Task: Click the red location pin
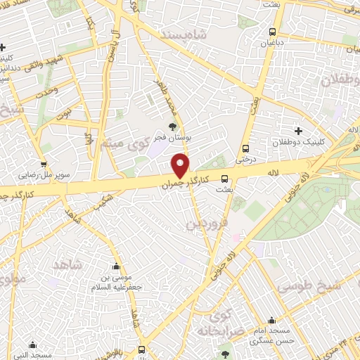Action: [181, 165]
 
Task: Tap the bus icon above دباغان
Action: [273, 32]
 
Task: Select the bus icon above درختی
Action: [245, 148]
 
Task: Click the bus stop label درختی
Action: [245, 159]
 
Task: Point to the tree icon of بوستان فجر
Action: [174, 124]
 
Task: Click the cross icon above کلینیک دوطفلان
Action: [298, 131]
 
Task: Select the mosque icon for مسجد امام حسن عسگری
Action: [271, 321]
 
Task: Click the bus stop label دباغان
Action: [273, 42]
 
